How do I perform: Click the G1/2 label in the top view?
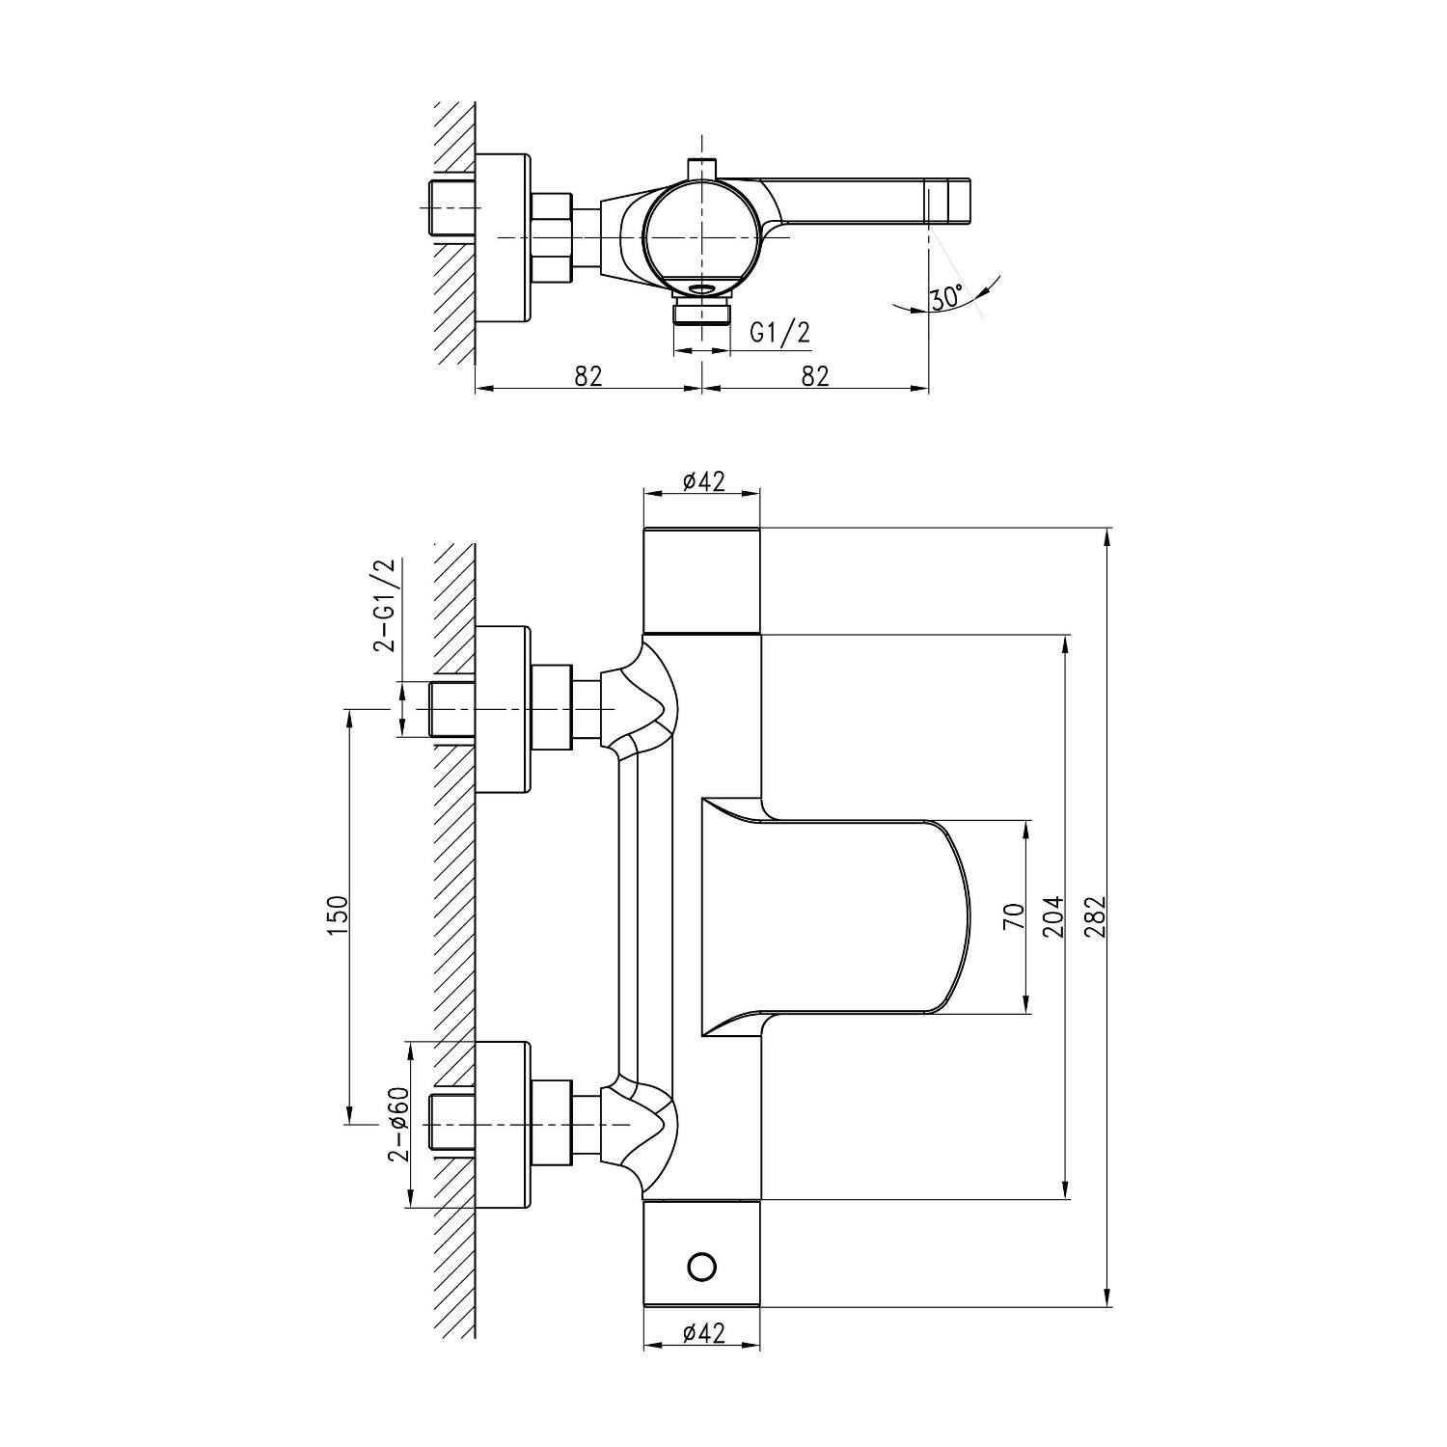click(780, 333)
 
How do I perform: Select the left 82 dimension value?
click(588, 375)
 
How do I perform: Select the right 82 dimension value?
click(815, 375)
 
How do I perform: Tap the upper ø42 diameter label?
click(703, 481)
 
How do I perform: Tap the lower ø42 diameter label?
click(703, 1333)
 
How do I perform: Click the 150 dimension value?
click(337, 915)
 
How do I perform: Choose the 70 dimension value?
click(1013, 916)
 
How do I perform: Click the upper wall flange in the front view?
click(503, 709)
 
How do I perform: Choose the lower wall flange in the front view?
click(503, 1125)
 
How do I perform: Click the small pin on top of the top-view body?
click(703, 167)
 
